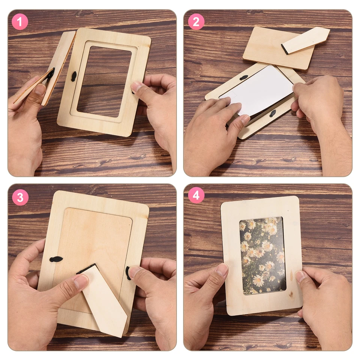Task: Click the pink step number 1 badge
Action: [x=20, y=22]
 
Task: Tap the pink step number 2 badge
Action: [x=196, y=22]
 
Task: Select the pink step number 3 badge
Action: [x=20, y=197]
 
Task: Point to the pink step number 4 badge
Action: [x=196, y=196]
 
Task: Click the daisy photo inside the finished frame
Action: [x=262, y=255]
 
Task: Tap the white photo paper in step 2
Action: [x=259, y=90]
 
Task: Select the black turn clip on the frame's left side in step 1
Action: [x=74, y=76]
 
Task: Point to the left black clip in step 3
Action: [x=56, y=259]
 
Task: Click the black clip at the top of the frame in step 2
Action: [x=244, y=78]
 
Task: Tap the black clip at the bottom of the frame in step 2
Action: [x=273, y=113]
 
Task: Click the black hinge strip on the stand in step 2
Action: [x=285, y=49]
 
